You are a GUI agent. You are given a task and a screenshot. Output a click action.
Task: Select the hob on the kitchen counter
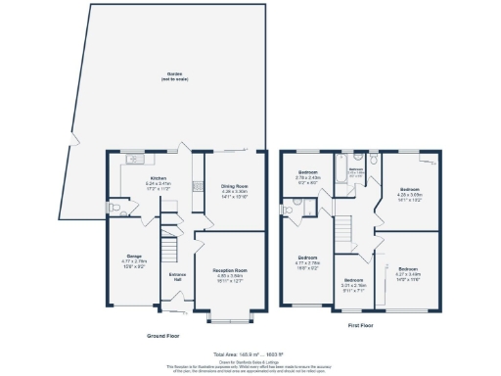[197, 186]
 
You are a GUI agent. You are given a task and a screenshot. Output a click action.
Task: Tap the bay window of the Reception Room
[231, 318]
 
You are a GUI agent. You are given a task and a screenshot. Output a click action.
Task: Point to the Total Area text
[250, 354]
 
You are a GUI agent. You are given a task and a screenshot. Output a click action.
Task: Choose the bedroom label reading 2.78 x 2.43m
[309, 176]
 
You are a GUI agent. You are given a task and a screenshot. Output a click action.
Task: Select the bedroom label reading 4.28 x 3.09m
[409, 193]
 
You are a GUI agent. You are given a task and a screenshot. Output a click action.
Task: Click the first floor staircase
[345, 231]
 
